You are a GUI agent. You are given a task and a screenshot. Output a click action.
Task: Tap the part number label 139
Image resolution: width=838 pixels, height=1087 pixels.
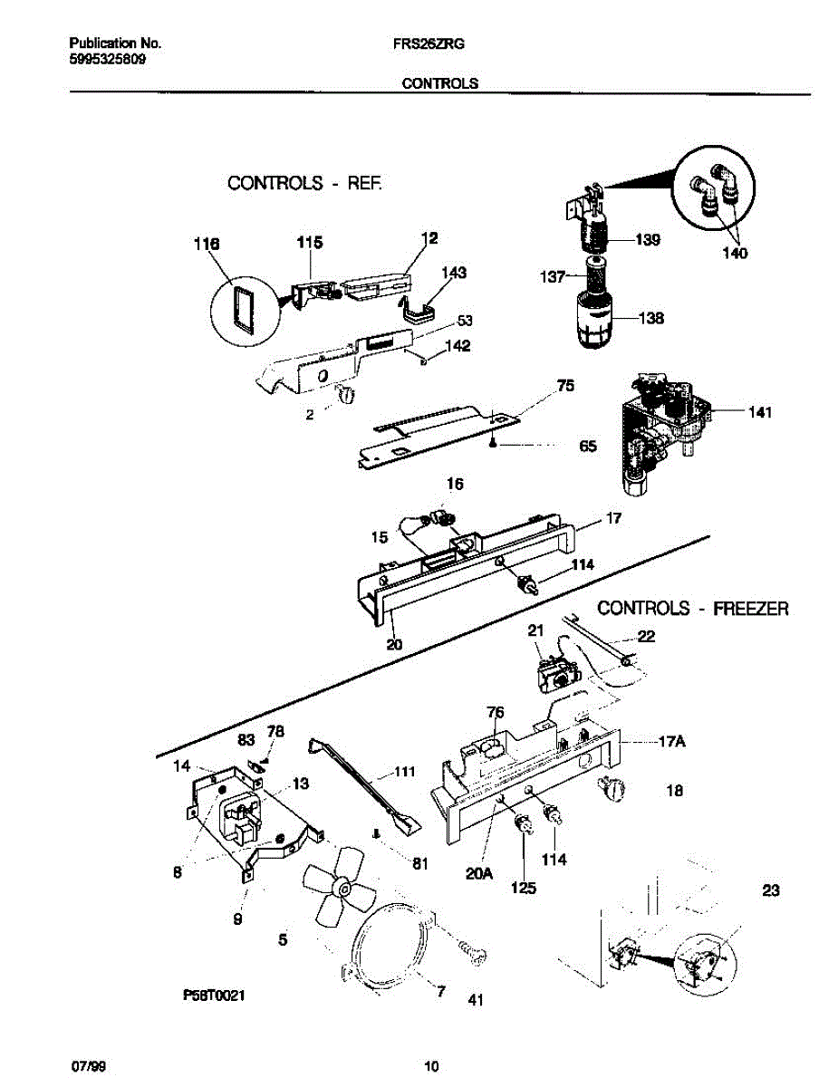pos(647,240)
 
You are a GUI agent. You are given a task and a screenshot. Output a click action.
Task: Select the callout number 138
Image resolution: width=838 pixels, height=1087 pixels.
pos(650,318)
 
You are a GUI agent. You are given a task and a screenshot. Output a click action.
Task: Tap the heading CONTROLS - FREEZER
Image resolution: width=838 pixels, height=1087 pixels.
pos(693,608)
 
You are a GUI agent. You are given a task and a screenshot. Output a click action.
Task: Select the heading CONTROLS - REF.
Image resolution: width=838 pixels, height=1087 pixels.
pos(305,183)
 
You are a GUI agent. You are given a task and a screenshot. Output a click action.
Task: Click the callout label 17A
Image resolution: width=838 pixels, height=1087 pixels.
pos(671,741)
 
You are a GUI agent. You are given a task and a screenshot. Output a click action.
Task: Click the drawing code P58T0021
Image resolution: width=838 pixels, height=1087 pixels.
pos(215,996)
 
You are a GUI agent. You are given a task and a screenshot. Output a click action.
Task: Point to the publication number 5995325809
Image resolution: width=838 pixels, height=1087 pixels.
pos(108,59)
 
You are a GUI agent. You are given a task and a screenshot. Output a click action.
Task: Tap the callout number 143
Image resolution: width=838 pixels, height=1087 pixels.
pos(454,273)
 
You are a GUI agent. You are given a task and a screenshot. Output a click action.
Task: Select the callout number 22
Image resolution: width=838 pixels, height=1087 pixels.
pos(647,637)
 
